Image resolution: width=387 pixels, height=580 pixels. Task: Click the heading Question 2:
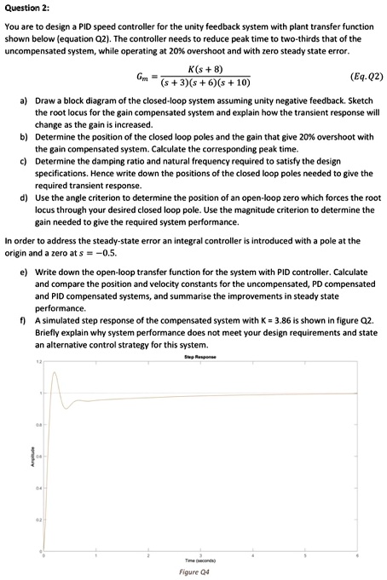pos(26,7)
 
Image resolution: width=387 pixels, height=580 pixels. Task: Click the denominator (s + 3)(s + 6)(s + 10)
pos(205,83)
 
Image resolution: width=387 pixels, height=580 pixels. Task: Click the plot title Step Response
pos(200,357)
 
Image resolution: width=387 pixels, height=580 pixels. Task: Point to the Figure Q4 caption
pos(194,572)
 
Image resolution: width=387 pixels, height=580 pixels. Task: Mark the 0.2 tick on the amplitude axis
pos(38,520)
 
